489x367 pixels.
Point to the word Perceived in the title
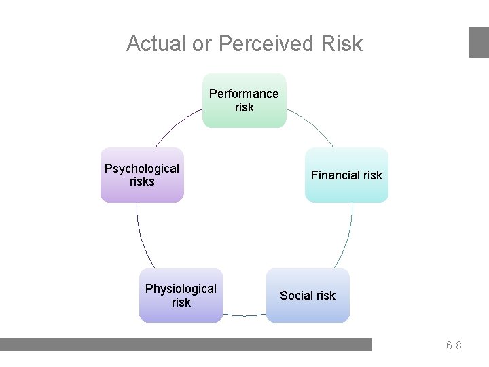pos(265,44)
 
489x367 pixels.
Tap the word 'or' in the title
pos(202,44)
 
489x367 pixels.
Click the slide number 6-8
pos(454,346)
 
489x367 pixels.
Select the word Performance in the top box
pos(244,94)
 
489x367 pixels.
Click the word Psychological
pos(142,169)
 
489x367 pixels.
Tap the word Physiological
pos(181,289)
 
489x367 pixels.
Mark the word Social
pos(296,296)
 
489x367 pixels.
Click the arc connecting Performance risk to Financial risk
pos(314,126)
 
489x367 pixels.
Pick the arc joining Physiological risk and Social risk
pos(244,315)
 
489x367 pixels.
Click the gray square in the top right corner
pos(479,42)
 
